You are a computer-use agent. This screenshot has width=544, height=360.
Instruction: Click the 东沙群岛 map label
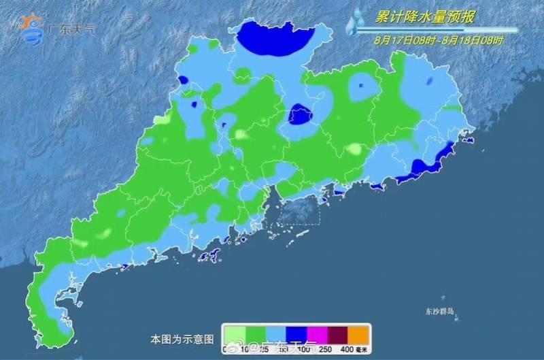(x=440, y=312)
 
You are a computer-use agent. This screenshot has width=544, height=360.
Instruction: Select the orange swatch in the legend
(x=358, y=334)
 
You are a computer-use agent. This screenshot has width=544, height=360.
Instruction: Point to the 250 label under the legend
(x=326, y=349)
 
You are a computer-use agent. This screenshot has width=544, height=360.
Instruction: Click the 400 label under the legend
(x=347, y=349)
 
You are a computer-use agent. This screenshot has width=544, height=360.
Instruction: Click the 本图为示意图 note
(x=182, y=338)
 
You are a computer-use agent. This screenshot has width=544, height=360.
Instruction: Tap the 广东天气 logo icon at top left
(x=31, y=29)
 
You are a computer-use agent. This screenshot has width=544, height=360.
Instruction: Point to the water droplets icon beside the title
(x=354, y=22)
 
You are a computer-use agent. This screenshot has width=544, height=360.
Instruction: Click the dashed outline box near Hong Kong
(x=300, y=212)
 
